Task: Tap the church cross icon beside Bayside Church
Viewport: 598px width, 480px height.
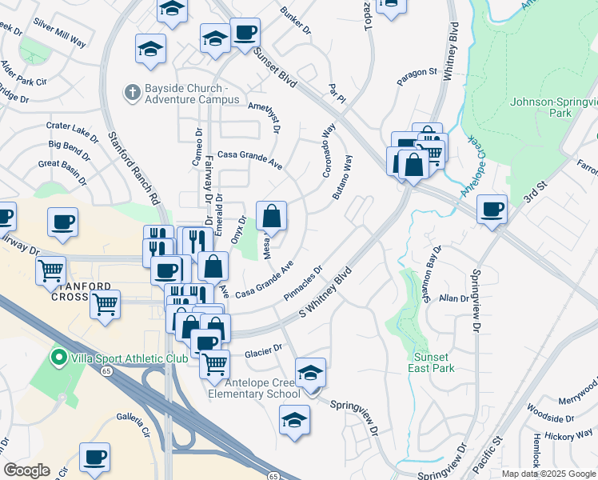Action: pos(133,93)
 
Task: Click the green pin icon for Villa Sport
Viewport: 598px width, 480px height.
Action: pos(58,357)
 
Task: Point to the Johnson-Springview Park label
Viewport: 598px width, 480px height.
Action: pos(553,107)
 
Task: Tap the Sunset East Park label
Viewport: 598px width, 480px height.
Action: pos(434,362)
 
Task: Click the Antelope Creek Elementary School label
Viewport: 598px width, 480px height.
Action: pos(254,387)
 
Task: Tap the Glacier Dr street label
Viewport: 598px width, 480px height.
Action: pos(264,349)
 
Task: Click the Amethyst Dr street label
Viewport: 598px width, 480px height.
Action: pos(266,116)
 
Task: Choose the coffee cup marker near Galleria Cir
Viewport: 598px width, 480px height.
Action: pos(95,458)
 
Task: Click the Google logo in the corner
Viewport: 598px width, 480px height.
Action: pos(26,470)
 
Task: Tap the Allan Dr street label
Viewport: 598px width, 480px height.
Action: pos(453,298)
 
